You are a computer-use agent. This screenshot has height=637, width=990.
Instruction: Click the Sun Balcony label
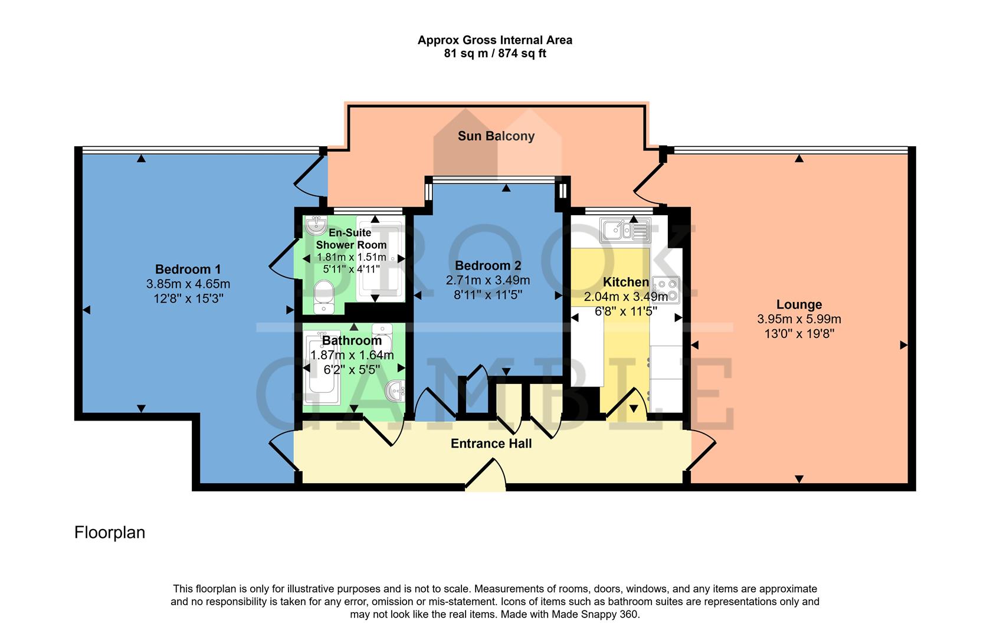tap(496, 136)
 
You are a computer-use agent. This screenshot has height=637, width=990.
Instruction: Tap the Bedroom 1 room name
tap(188, 270)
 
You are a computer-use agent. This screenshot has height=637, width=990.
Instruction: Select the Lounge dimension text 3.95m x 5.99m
tap(799, 320)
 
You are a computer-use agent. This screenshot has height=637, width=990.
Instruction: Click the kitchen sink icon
tap(625, 231)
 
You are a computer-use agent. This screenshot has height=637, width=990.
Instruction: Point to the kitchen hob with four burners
tap(666, 290)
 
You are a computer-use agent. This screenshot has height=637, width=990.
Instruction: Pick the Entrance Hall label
tap(491, 444)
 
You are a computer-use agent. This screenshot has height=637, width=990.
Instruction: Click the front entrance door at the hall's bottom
tap(486, 477)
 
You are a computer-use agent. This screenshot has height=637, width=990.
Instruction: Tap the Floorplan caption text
tap(110, 533)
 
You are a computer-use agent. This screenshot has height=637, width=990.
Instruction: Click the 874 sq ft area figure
tap(522, 54)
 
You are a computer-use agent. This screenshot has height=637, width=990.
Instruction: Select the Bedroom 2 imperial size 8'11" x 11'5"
tap(487, 295)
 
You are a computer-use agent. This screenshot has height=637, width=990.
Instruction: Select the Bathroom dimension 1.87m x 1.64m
tap(352, 355)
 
